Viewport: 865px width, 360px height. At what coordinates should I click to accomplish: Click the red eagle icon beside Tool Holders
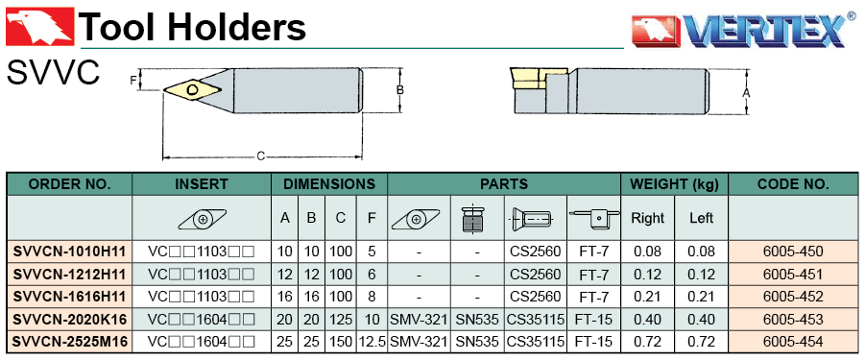(x=39, y=26)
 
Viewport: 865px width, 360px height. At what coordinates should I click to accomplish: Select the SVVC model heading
(x=53, y=73)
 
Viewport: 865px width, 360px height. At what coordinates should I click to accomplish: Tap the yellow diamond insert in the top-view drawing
(x=193, y=90)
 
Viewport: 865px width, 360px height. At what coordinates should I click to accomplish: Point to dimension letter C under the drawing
(x=261, y=156)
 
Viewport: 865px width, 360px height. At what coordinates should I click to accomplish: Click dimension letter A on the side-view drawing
(x=746, y=92)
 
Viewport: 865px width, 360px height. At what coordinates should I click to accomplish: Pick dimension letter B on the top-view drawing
(x=400, y=90)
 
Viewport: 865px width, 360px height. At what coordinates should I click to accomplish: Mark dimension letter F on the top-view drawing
(x=132, y=81)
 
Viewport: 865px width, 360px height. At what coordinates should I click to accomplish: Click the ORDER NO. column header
(x=69, y=184)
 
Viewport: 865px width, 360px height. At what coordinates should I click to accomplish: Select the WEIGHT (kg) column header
(x=675, y=184)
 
